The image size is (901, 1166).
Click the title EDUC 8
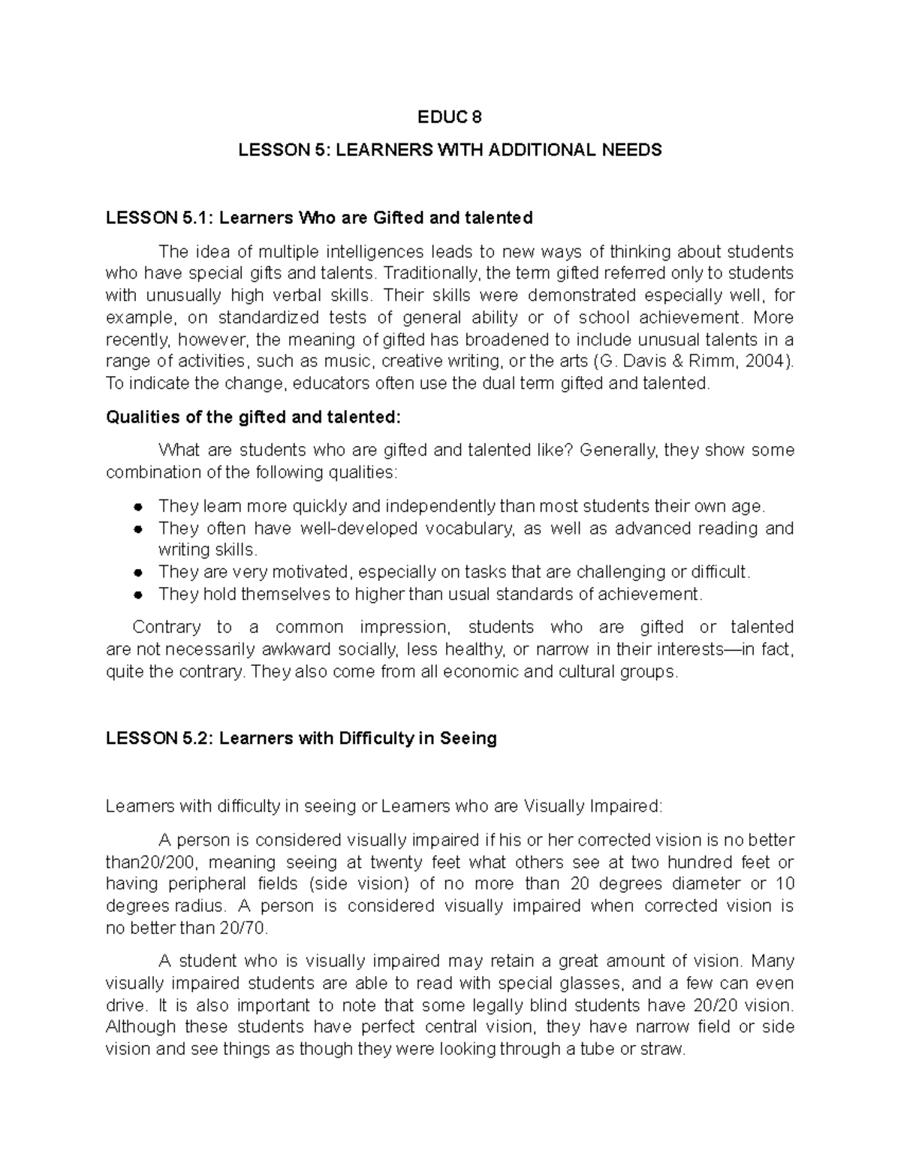tap(450, 117)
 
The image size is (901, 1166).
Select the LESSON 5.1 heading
tap(319, 218)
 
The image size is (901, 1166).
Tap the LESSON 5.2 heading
tap(301, 738)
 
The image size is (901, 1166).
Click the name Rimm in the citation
tap(716, 361)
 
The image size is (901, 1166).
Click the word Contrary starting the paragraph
tap(167, 627)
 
